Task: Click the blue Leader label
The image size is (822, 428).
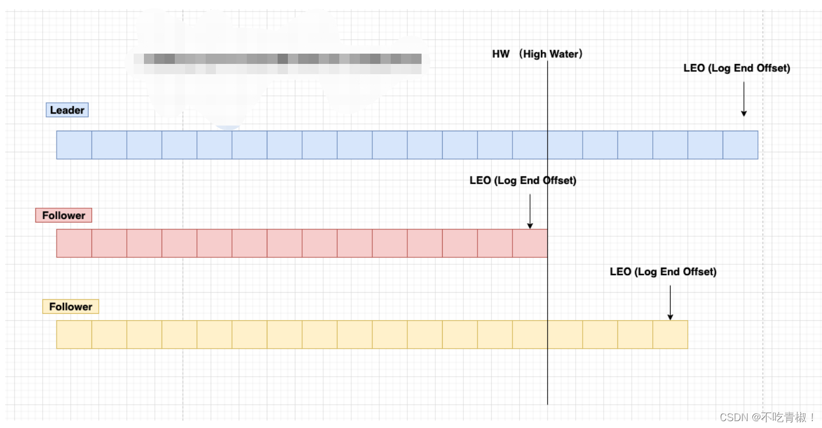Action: point(67,110)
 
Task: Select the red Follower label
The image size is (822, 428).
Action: point(63,215)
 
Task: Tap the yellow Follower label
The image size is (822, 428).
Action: point(70,306)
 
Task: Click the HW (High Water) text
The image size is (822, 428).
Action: point(537,54)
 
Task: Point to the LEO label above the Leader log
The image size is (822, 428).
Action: point(736,68)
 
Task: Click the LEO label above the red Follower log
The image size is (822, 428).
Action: point(523,180)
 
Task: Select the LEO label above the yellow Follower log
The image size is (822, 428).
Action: point(663,272)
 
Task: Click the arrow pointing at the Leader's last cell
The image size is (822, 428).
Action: point(744,99)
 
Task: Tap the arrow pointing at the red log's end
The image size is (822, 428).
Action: point(530,211)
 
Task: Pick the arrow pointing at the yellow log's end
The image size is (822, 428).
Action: point(670,302)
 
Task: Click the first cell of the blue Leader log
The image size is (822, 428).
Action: point(74,145)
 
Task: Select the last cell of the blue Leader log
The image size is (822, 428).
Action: point(740,145)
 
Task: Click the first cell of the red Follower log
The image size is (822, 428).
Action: point(74,243)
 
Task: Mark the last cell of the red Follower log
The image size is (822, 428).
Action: point(530,243)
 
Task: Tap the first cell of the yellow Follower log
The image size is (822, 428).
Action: point(74,334)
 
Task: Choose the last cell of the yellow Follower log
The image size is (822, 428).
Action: point(670,334)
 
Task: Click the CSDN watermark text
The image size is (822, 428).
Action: point(767,417)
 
